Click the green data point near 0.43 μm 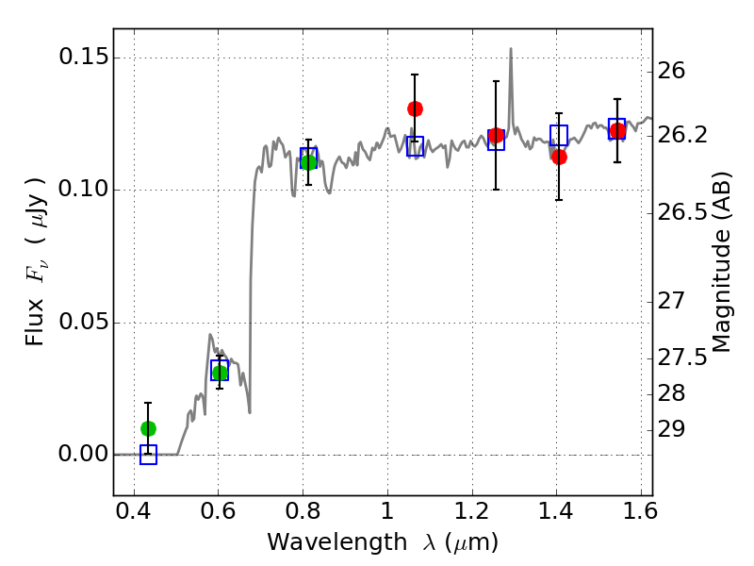pos(148,428)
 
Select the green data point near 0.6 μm pos(220,374)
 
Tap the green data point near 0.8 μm pos(308,162)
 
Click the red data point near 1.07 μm pos(415,108)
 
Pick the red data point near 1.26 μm pos(496,136)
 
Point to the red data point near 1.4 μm pos(559,157)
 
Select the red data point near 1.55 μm pos(617,131)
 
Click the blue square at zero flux pos(148,455)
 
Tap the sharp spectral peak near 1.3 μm pos(511,50)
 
